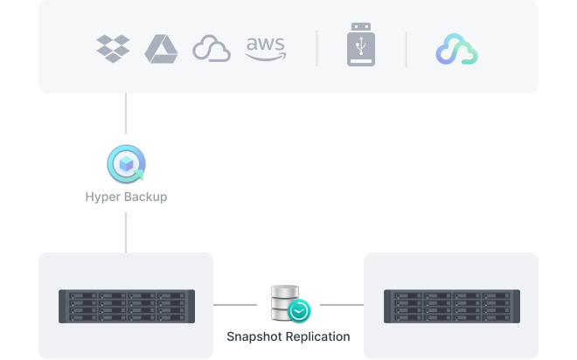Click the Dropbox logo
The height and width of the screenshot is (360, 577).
113,48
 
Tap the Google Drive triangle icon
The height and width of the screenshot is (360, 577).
162,48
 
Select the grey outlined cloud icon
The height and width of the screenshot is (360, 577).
212,49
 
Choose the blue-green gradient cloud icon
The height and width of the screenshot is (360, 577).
456,50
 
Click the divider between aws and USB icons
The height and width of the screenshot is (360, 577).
316,49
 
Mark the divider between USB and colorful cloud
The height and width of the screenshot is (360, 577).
407,49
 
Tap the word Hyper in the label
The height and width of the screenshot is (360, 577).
101,197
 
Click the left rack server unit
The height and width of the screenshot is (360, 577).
126,307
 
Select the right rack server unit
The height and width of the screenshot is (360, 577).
451,307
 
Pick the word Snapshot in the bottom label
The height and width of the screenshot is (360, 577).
254,336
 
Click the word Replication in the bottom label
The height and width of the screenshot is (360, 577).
318,336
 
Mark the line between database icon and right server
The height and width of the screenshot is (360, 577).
341,305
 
